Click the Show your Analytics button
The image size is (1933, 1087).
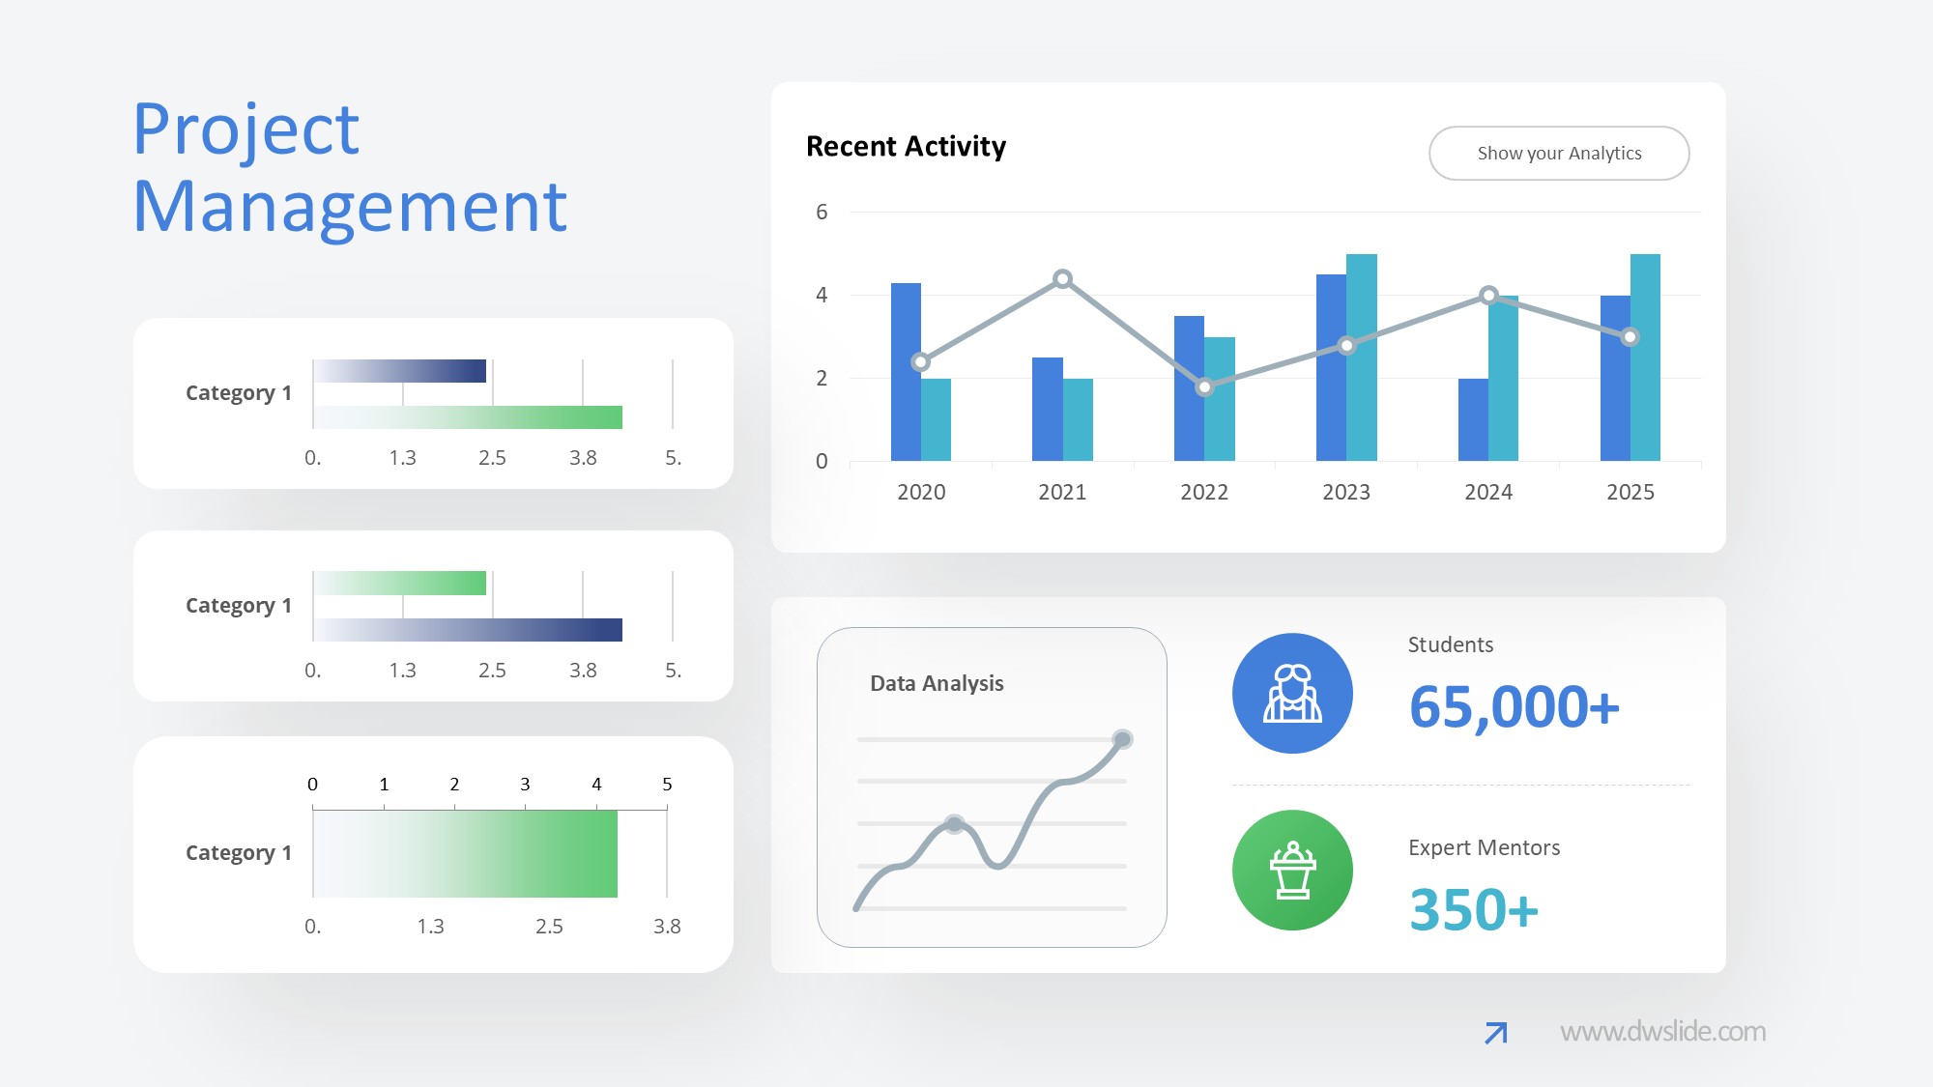coord(1558,154)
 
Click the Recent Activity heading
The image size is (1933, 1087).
coord(906,147)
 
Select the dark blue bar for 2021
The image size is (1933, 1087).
coord(1047,409)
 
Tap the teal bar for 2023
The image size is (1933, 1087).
coord(1361,358)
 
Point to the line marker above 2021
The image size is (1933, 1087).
coord(1062,279)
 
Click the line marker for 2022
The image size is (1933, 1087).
coord(1204,387)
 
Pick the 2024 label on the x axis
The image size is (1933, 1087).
coord(1487,493)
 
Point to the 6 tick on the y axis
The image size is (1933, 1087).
coord(822,213)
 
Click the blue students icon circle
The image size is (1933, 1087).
coord(1292,694)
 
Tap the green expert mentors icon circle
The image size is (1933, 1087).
coord(1292,870)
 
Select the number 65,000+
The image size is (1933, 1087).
coord(1514,707)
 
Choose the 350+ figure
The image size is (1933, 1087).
coord(1473,910)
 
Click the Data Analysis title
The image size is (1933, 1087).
coord(937,684)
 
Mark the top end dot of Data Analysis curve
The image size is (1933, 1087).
coord(1122,740)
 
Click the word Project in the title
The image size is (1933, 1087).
coord(246,130)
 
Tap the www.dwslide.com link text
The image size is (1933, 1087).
coord(1662,1032)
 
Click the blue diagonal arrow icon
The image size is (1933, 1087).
coord(1495,1033)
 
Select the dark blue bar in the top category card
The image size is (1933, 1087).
coord(400,371)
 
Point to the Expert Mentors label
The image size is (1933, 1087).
coord(1484,848)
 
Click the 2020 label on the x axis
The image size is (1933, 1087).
coord(921,493)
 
